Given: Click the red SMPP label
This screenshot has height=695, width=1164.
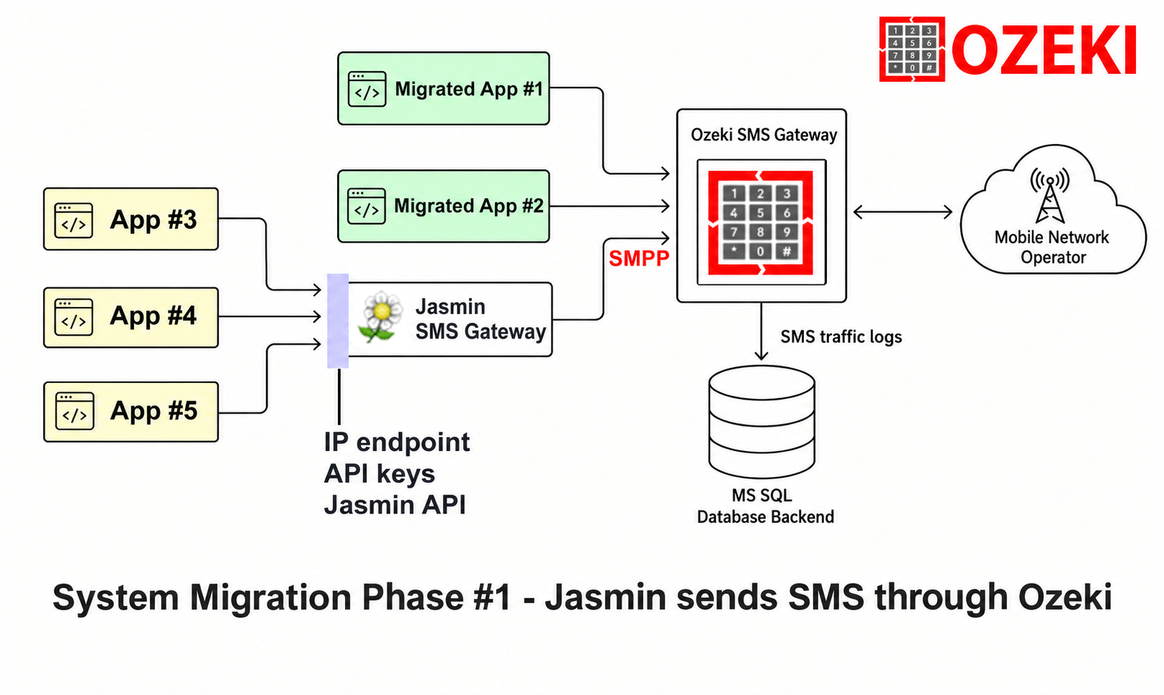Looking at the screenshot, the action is coord(638,258).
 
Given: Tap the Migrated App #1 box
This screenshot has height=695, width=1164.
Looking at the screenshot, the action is coord(443,88).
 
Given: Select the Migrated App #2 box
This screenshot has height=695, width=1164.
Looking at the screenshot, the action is coord(443,206).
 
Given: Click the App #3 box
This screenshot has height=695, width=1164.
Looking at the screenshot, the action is coord(131,219).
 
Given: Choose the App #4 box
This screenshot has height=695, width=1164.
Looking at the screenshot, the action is coord(131,317).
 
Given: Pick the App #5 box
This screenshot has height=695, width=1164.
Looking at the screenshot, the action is coord(131,412).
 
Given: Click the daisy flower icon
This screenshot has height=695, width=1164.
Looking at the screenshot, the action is coord(381,316).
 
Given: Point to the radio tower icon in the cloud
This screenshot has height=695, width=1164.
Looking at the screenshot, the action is coord(1050,196).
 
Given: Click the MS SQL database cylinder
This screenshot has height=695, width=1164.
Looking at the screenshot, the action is coord(762,422).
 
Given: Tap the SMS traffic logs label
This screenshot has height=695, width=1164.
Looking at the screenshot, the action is coord(841,337).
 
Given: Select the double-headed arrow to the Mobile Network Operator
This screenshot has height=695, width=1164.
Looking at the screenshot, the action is coord(903,212).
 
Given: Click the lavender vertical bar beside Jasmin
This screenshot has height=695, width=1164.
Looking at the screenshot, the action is coord(338,321).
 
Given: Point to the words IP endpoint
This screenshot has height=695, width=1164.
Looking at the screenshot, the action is coord(397,443).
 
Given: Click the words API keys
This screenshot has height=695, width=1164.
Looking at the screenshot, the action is coord(379,473).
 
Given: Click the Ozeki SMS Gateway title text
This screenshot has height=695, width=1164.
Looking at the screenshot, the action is coord(764,135).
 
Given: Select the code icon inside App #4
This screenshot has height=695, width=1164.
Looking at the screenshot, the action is coord(74,317).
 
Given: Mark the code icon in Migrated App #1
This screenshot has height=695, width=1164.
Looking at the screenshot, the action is coord(367,89).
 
